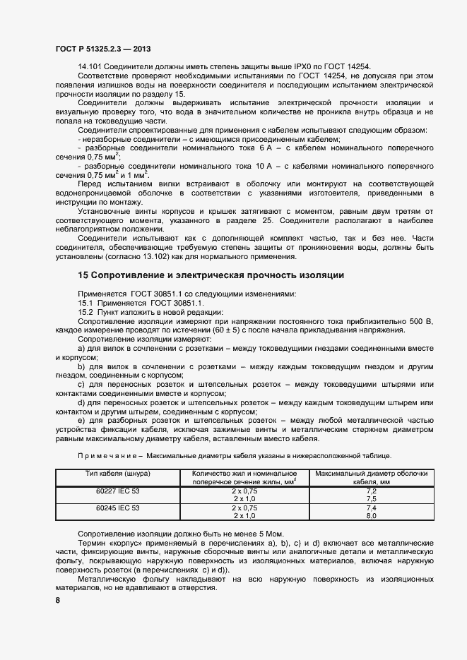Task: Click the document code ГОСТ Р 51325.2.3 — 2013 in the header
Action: point(102,49)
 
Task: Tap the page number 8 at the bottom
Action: point(58,600)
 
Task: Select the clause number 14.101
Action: point(90,66)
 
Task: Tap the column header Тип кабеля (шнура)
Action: point(117,472)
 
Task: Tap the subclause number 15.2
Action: point(85,312)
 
